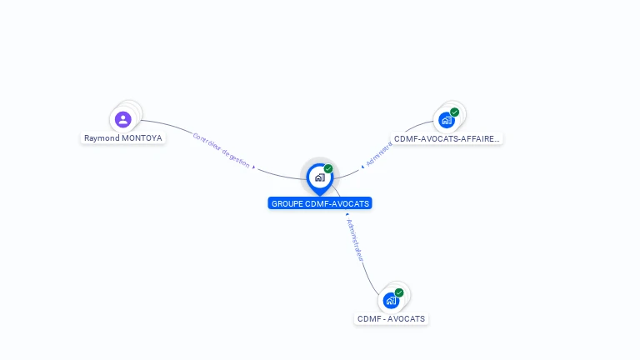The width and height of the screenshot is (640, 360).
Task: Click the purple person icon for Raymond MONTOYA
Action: (x=123, y=119)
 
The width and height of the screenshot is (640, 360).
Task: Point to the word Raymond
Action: (x=101, y=138)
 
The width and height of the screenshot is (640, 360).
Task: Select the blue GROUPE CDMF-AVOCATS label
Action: (x=320, y=203)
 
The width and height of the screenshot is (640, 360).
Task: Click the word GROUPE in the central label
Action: (x=287, y=203)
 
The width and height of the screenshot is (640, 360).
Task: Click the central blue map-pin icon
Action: (x=319, y=177)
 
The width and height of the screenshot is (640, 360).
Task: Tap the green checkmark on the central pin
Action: (x=328, y=169)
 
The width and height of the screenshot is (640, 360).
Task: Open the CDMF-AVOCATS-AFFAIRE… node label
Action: (x=447, y=139)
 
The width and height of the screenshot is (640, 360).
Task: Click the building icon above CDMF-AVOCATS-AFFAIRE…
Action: (x=447, y=120)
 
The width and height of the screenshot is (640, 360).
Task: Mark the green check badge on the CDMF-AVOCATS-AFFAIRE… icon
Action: (x=454, y=112)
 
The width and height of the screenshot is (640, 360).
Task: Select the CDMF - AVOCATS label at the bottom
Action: (x=391, y=319)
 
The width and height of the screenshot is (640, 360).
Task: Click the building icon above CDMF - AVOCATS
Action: (x=391, y=300)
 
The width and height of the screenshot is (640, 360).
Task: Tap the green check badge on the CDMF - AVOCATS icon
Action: (x=399, y=292)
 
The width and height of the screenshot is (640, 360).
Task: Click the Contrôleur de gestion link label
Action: (x=221, y=150)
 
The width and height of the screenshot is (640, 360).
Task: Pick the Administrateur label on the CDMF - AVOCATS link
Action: (x=355, y=241)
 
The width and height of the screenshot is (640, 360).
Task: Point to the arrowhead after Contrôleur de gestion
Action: (x=252, y=166)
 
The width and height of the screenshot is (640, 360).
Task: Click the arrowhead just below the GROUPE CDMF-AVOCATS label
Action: (x=346, y=214)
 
